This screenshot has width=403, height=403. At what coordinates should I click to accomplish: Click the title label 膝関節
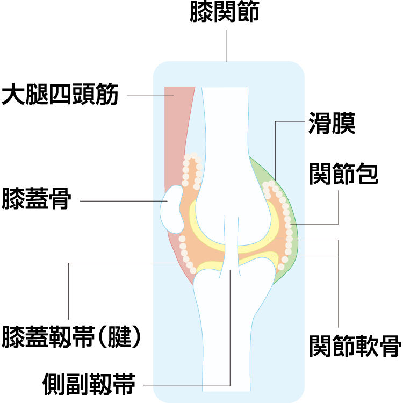tap(225, 12)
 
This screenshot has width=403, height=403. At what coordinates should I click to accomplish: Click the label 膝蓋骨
tap(37, 198)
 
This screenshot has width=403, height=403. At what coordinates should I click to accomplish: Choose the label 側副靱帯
tap(89, 383)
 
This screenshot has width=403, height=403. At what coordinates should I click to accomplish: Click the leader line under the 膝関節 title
tap(226, 46)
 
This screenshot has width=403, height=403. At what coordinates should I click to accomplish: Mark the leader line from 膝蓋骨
tap(124, 201)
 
